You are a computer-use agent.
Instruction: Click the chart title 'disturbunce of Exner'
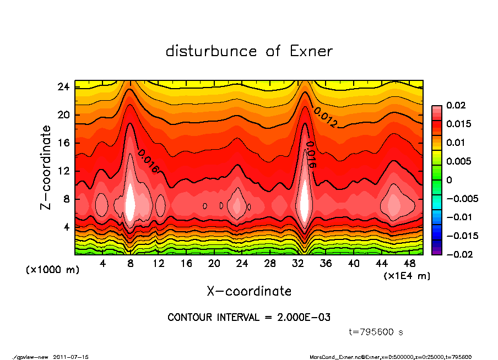click(x=249, y=51)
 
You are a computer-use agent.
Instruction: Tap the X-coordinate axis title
click(x=249, y=291)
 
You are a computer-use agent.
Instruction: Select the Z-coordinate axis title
click(x=46, y=167)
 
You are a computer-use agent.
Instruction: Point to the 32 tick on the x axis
click(x=299, y=264)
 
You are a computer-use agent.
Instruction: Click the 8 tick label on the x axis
click(x=131, y=264)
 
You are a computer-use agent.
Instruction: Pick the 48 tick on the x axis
click(x=410, y=264)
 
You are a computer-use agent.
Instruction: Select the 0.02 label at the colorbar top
click(x=456, y=105)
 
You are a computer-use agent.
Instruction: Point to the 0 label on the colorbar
click(x=449, y=180)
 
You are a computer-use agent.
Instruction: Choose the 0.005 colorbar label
click(x=458, y=161)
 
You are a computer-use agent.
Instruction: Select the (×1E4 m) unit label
click(x=407, y=275)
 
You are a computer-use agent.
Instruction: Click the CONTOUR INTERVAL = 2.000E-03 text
click(x=249, y=318)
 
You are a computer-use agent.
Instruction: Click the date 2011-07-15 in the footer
click(x=71, y=357)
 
